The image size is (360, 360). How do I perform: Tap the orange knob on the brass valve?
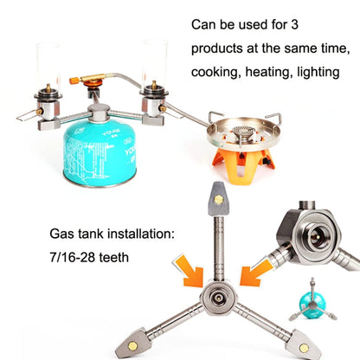(74, 80)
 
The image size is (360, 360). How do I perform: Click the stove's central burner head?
(242, 132)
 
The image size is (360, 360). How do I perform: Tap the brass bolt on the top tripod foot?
(218, 199)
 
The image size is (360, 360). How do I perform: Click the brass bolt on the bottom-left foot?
(132, 346)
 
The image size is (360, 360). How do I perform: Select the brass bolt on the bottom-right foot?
(303, 348)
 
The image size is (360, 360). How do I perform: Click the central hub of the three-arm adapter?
(218, 299)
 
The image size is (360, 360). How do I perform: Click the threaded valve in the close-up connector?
(316, 236)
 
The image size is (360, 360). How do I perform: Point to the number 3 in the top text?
(294, 25)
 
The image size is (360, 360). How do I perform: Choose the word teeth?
(114, 257)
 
